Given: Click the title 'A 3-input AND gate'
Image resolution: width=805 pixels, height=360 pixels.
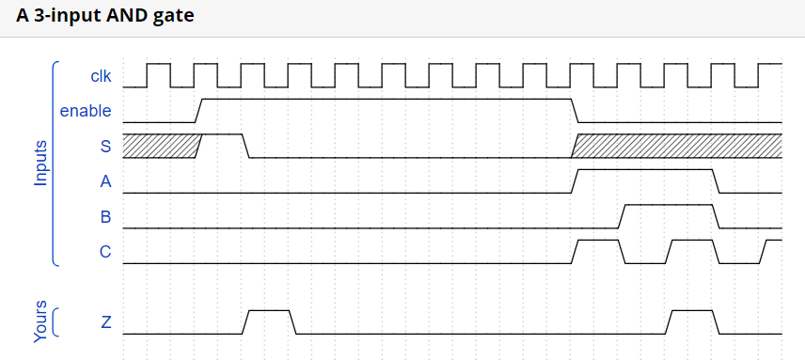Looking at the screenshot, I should click(105, 17).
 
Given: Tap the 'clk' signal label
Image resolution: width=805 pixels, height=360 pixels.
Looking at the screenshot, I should click(101, 75).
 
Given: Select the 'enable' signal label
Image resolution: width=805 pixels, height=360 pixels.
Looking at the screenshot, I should click(86, 111).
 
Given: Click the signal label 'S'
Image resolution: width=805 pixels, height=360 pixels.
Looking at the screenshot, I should click(105, 146).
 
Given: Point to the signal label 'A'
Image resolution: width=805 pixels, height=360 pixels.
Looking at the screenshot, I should click(105, 181).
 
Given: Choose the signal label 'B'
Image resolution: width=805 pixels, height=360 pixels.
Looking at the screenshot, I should click(105, 217).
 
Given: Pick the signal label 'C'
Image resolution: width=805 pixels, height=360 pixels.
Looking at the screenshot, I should click(105, 252).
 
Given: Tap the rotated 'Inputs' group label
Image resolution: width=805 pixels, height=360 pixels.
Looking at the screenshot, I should click(40, 164).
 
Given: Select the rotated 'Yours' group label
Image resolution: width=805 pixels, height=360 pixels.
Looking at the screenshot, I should click(40, 322).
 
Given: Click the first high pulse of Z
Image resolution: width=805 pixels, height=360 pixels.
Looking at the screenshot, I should click(270, 311).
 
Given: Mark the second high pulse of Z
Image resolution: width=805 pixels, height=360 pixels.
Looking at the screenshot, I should click(692, 311).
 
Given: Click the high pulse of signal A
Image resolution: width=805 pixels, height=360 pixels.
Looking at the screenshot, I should click(645, 170).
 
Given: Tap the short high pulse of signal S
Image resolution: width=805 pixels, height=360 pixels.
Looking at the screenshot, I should click(223, 135).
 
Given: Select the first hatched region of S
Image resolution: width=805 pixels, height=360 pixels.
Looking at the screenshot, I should click(158, 146).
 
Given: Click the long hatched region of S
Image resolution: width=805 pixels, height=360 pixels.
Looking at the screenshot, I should click(678, 146).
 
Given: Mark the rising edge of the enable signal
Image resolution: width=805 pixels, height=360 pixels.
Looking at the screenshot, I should click(198, 110).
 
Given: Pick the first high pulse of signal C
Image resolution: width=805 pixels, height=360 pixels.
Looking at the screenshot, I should click(598, 241).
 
